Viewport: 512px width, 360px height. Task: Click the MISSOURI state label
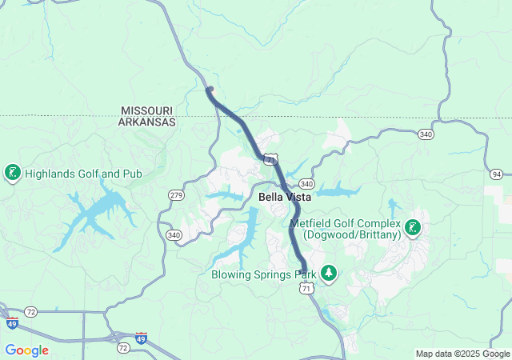[x=146, y=110]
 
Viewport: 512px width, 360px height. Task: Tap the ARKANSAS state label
[x=146, y=122]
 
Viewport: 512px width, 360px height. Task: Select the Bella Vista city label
[x=285, y=197]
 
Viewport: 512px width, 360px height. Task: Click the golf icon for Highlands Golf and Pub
[x=13, y=172]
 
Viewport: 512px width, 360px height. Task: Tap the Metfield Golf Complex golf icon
[x=413, y=227]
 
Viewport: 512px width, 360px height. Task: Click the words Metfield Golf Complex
[x=345, y=223]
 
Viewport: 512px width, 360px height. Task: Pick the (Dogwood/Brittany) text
[x=351, y=235]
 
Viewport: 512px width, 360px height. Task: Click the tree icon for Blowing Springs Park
[x=328, y=274]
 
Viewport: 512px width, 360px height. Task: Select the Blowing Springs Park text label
[x=264, y=274]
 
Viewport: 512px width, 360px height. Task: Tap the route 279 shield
[x=176, y=195]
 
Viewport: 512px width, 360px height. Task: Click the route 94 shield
[x=497, y=174]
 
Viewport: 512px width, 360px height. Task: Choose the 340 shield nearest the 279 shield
[x=174, y=235]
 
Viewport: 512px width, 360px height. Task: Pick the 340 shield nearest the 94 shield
[x=425, y=134]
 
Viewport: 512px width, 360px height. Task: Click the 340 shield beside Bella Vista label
[x=307, y=184]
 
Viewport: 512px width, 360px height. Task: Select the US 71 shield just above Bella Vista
[x=272, y=160]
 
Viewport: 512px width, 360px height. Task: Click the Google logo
[x=26, y=350]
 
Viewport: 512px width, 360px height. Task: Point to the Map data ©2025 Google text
[x=462, y=354]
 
